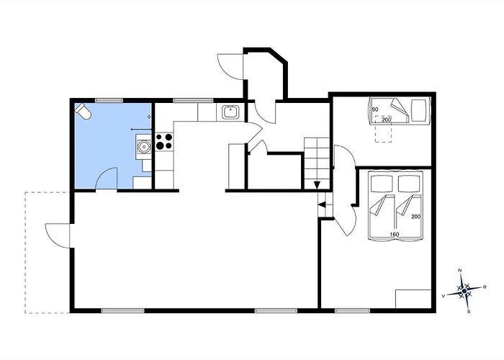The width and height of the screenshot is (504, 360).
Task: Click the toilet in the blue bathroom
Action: click(84, 111)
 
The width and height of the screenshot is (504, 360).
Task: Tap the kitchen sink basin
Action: click(230, 112)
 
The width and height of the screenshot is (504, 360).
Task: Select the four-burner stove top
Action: click(164, 141)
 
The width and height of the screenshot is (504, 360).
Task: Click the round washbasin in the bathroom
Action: click(144, 147)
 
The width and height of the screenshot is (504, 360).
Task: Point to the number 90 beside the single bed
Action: click(375, 109)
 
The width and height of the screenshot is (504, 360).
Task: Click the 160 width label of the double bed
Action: click(394, 234)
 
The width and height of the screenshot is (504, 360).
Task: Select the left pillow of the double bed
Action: click(382, 184)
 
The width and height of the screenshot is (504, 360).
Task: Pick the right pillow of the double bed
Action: click(409, 184)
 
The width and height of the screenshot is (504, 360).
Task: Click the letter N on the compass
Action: click(460, 271)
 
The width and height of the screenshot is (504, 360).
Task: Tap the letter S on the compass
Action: click(469, 311)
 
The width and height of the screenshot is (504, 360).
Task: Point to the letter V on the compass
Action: click(444, 296)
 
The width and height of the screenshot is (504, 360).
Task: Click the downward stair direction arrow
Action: click(317, 185)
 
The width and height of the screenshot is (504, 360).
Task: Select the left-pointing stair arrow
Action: click(322, 204)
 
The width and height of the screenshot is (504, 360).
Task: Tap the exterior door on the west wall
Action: click(58, 235)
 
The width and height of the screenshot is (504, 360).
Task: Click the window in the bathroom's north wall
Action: click(109, 100)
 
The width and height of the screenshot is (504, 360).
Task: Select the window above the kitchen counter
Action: click(193, 100)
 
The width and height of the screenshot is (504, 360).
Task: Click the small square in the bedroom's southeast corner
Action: click(413, 299)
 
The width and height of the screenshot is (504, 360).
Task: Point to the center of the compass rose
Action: click(464, 291)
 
